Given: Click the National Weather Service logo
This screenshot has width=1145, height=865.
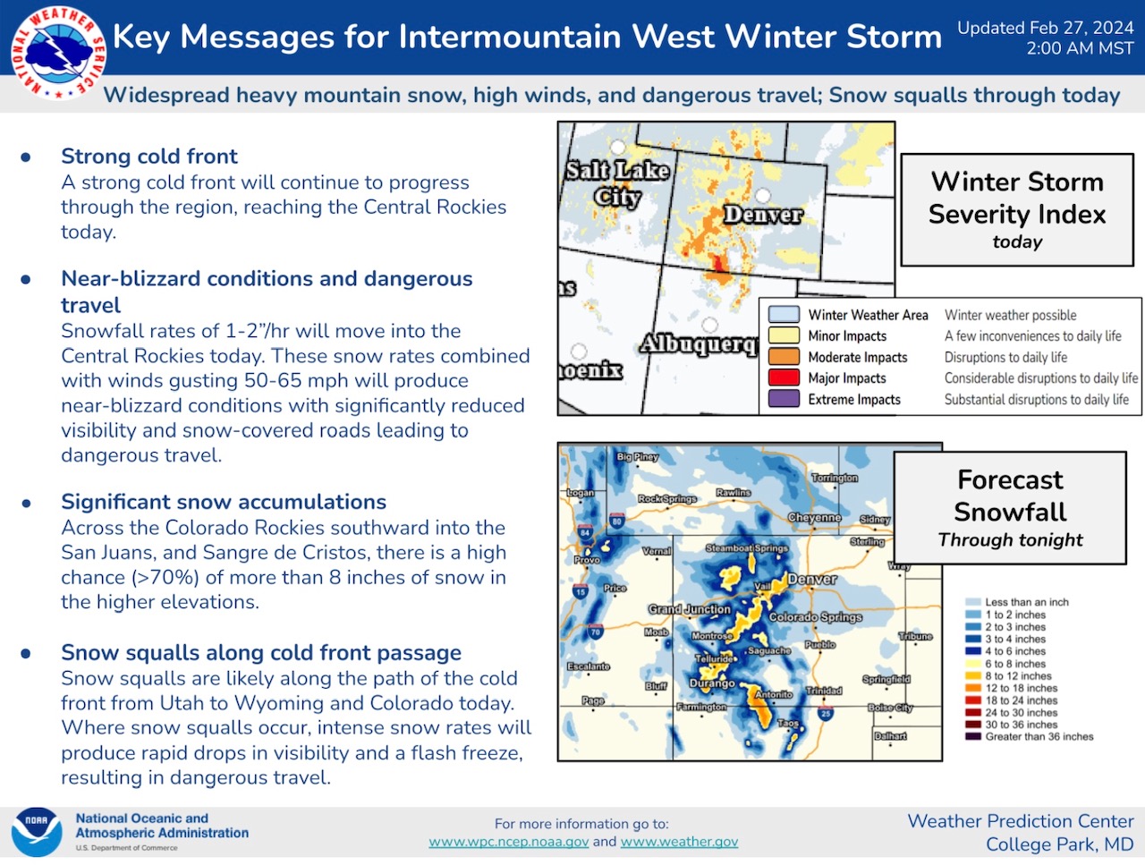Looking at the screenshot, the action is (58, 53).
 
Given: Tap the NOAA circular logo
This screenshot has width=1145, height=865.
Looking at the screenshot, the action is (37, 832).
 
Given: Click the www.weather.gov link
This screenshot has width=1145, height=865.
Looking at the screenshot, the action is (679, 842).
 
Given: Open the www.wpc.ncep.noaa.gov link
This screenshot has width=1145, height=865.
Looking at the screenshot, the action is (509, 842).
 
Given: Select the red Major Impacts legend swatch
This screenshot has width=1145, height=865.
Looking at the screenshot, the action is (784, 377).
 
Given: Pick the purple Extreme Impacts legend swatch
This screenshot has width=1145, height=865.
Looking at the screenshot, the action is (784, 399).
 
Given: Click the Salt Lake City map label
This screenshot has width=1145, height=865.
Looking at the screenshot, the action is (618, 183).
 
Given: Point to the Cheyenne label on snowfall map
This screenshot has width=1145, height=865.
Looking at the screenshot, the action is (814, 517).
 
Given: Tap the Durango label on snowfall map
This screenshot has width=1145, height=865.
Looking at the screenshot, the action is (712, 683).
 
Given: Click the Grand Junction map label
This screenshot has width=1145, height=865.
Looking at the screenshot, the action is (689, 609).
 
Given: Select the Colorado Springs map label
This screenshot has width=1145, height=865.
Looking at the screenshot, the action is (815, 617).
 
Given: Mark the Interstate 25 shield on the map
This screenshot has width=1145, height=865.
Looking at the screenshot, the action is (826, 713).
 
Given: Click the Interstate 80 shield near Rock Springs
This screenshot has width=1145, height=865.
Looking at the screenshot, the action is (617, 521).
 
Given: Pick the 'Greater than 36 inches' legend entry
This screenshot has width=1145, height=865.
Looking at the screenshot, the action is (1030, 737).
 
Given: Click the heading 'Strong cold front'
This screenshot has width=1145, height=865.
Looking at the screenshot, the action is (149, 156).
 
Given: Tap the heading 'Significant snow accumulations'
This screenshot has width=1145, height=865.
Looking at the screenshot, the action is (224, 502).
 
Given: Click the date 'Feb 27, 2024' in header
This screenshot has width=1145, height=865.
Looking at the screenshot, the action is (1081, 28).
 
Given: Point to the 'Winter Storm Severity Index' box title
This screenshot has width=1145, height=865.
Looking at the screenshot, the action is (1017, 198).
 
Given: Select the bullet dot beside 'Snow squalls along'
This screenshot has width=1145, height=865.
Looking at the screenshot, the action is (26, 653).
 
